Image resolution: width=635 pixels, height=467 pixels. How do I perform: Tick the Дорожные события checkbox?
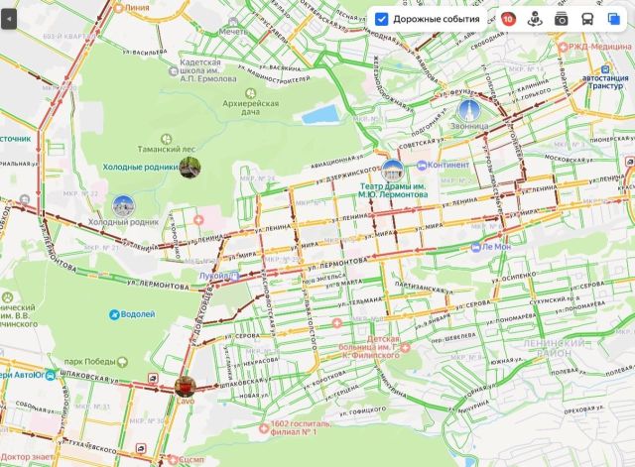point(381,19)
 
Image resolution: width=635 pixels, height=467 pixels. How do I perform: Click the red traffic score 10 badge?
point(508,19)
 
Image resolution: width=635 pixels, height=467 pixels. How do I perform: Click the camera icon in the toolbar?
point(561,19)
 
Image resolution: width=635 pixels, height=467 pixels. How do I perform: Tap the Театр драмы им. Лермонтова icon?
point(393,171)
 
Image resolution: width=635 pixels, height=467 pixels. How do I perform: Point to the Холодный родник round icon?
point(124,206)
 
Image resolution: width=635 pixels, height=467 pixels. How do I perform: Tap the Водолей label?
point(137,314)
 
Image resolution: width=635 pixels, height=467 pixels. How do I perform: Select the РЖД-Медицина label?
point(599,49)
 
